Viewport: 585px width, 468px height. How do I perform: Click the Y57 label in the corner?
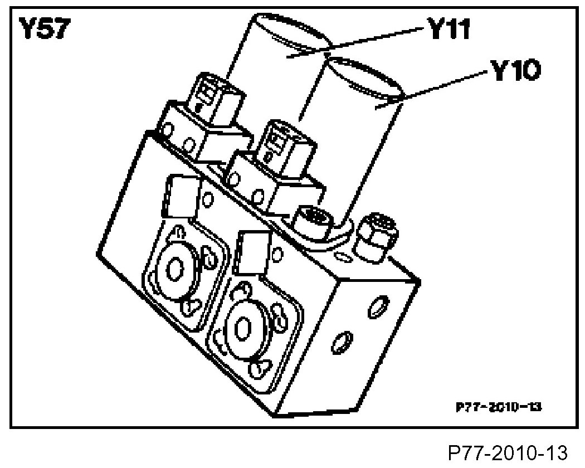44,30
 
